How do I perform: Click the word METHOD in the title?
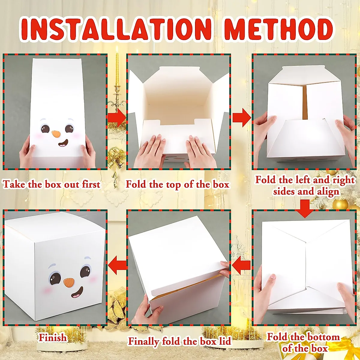[x=279, y=29]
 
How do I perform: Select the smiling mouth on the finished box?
[x=77, y=293]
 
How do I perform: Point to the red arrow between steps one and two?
[x=117, y=118]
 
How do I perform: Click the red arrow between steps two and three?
[x=241, y=118]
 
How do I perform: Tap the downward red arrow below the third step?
[x=305, y=208]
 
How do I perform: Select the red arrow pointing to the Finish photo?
[x=118, y=265]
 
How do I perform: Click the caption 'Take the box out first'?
[x=51, y=184]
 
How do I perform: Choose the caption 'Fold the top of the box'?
[x=177, y=184]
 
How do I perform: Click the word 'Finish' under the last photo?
[x=53, y=337]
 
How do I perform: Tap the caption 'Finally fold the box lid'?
[x=180, y=341]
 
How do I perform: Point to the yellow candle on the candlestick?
[x=117, y=69]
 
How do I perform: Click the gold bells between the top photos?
[x=116, y=159]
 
